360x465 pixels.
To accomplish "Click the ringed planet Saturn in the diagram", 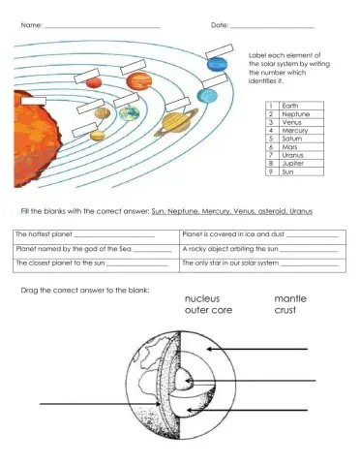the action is [x=175, y=122].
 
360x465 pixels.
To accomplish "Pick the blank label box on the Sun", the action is [x=34, y=100].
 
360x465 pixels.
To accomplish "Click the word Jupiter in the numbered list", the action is [x=292, y=165].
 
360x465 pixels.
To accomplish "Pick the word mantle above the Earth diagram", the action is [x=290, y=298].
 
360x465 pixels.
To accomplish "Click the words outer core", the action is [x=208, y=311].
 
